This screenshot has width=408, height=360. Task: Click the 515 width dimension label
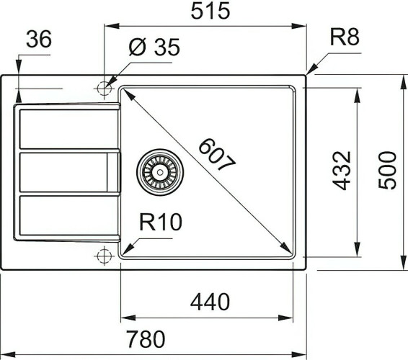tap(205, 12)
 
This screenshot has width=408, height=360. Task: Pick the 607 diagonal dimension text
tap(216, 154)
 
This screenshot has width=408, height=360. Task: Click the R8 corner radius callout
tap(344, 37)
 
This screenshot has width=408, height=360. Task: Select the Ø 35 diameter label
tap(153, 48)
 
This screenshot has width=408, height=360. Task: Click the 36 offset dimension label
tap(38, 40)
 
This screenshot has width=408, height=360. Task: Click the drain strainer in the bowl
tap(159, 171)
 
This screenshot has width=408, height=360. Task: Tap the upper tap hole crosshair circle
tap(103, 88)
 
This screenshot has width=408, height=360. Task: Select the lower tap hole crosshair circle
tap(103, 255)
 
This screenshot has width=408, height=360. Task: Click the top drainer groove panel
tap(65, 128)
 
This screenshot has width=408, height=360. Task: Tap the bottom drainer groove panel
tap(65, 217)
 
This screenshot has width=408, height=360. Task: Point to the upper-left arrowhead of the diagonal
tap(124, 91)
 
